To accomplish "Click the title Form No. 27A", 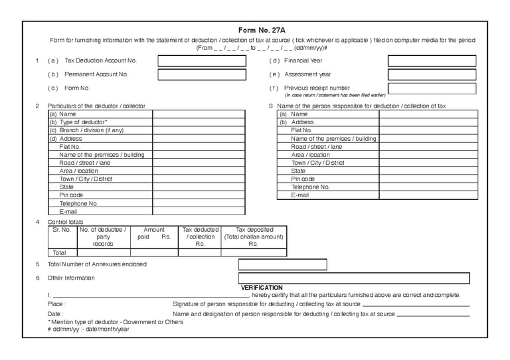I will tap(261, 30).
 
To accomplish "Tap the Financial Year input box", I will tap(432, 61).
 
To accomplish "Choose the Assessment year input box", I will tap(432, 74).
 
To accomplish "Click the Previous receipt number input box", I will tap(432, 88).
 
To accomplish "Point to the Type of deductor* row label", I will tap(78, 122).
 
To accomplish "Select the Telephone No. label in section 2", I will tap(78, 203).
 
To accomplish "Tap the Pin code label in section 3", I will tap(303, 179).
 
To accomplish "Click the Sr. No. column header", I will tap(62, 229).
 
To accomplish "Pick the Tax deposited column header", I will tap(253, 229).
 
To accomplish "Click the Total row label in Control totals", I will tap(60, 252).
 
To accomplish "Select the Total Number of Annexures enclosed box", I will tap(282, 264).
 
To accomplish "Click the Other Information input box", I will tap(353, 278).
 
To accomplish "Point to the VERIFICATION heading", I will tap(262, 287).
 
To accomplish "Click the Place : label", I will tap(56, 304).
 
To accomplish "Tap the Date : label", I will tap(56, 314).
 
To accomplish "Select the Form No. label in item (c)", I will tap(77, 88).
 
